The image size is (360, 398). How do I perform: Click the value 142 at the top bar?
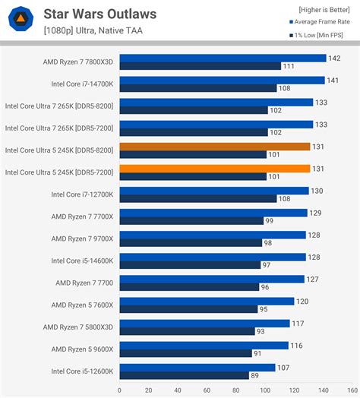(334, 58)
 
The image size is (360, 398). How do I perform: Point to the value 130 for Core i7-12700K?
(317, 191)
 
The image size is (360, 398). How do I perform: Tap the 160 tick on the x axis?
(352, 390)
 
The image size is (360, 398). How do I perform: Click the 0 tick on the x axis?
(120, 390)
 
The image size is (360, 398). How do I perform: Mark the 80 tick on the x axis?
(236, 390)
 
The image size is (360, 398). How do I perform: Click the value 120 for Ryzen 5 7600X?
(303, 302)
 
